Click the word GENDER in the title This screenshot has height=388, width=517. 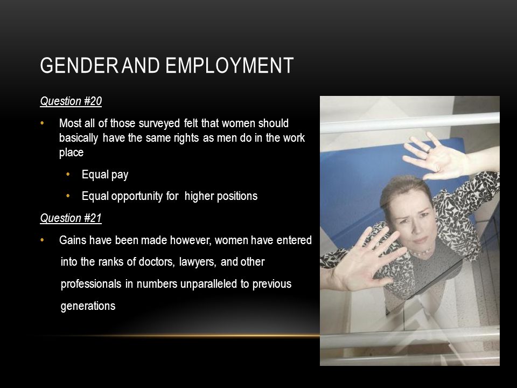[x=79, y=65]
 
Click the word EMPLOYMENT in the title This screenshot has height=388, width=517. [x=229, y=65]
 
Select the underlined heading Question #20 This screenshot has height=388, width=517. [x=71, y=101]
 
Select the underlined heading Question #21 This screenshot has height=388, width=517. [x=71, y=218]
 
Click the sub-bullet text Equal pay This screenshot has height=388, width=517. [x=105, y=175]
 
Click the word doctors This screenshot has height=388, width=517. [x=157, y=262]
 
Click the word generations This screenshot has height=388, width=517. [x=88, y=306]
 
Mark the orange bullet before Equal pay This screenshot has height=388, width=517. [x=68, y=174]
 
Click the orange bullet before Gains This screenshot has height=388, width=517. [x=42, y=240]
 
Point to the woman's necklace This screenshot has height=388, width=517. [x=421, y=253]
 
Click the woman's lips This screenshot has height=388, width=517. [x=420, y=239]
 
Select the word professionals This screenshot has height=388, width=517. [x=91, y=284]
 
